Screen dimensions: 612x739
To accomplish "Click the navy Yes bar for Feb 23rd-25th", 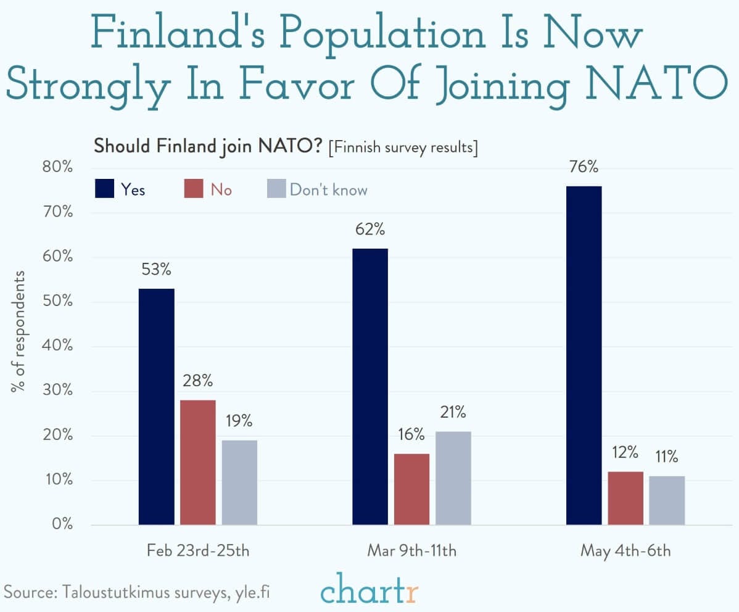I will pyautogui.click(x=156, y=407).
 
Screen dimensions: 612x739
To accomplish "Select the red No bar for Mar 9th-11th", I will pyautogui.click(x=411, y=489).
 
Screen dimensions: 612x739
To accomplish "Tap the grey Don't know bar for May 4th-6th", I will pyautogui.click(x=667, y=500).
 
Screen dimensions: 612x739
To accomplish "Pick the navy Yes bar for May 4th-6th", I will pyautogui.click(x=584, y=355).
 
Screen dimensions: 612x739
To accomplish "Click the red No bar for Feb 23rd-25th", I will pyautogui.click(x=198, y=462).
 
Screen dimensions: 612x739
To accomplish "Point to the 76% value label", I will pyautogui.click(x=584, y=167).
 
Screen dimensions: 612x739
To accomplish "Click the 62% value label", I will pyautogui.click(x=370, y=230).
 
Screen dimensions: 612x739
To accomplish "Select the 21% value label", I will pyautogui.click(x=453, y=413).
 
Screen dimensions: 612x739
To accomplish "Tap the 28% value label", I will pyautogui.click(x=197, y=381).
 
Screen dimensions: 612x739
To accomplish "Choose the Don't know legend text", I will pyautogui.click(x=328, y=189).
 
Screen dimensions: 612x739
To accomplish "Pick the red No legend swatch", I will pyautogui.click(x=194, y=189).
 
